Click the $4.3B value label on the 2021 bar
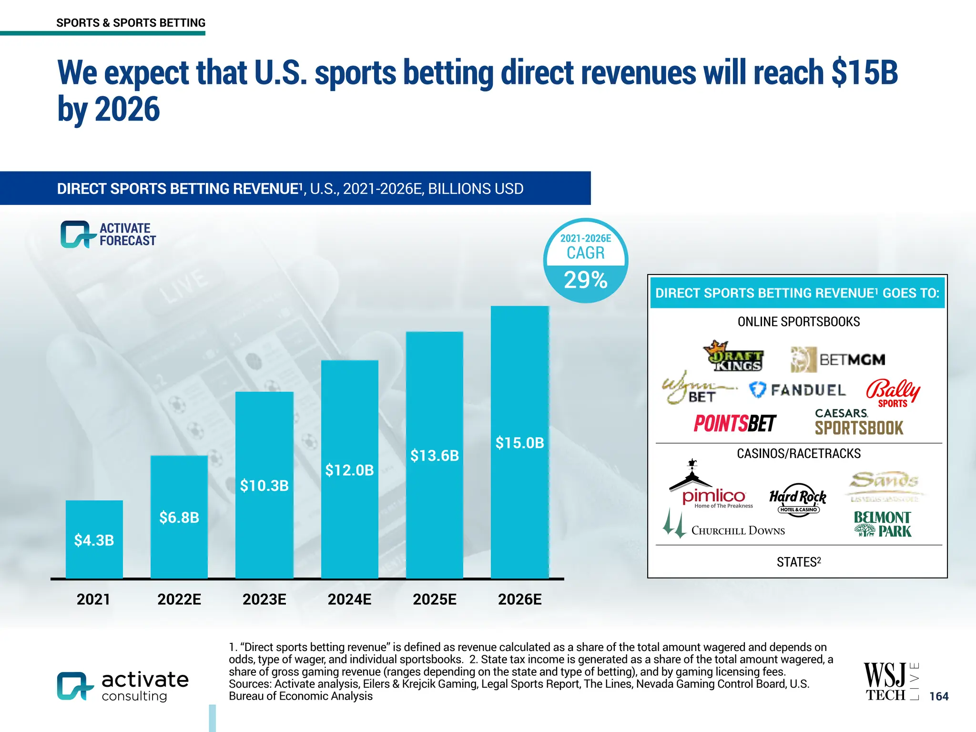94,540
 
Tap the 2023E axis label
264,599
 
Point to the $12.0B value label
349,470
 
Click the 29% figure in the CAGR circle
585,280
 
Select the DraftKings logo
733,356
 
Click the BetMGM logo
838,359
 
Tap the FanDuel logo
797,390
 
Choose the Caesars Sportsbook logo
859,422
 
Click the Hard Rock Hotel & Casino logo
798,500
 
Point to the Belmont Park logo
883,524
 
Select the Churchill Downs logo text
738,530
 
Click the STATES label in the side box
799,562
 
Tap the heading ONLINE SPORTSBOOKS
799,322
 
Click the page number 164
939,696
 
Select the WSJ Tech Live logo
890,682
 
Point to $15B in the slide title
864,72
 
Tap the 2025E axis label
434,599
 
